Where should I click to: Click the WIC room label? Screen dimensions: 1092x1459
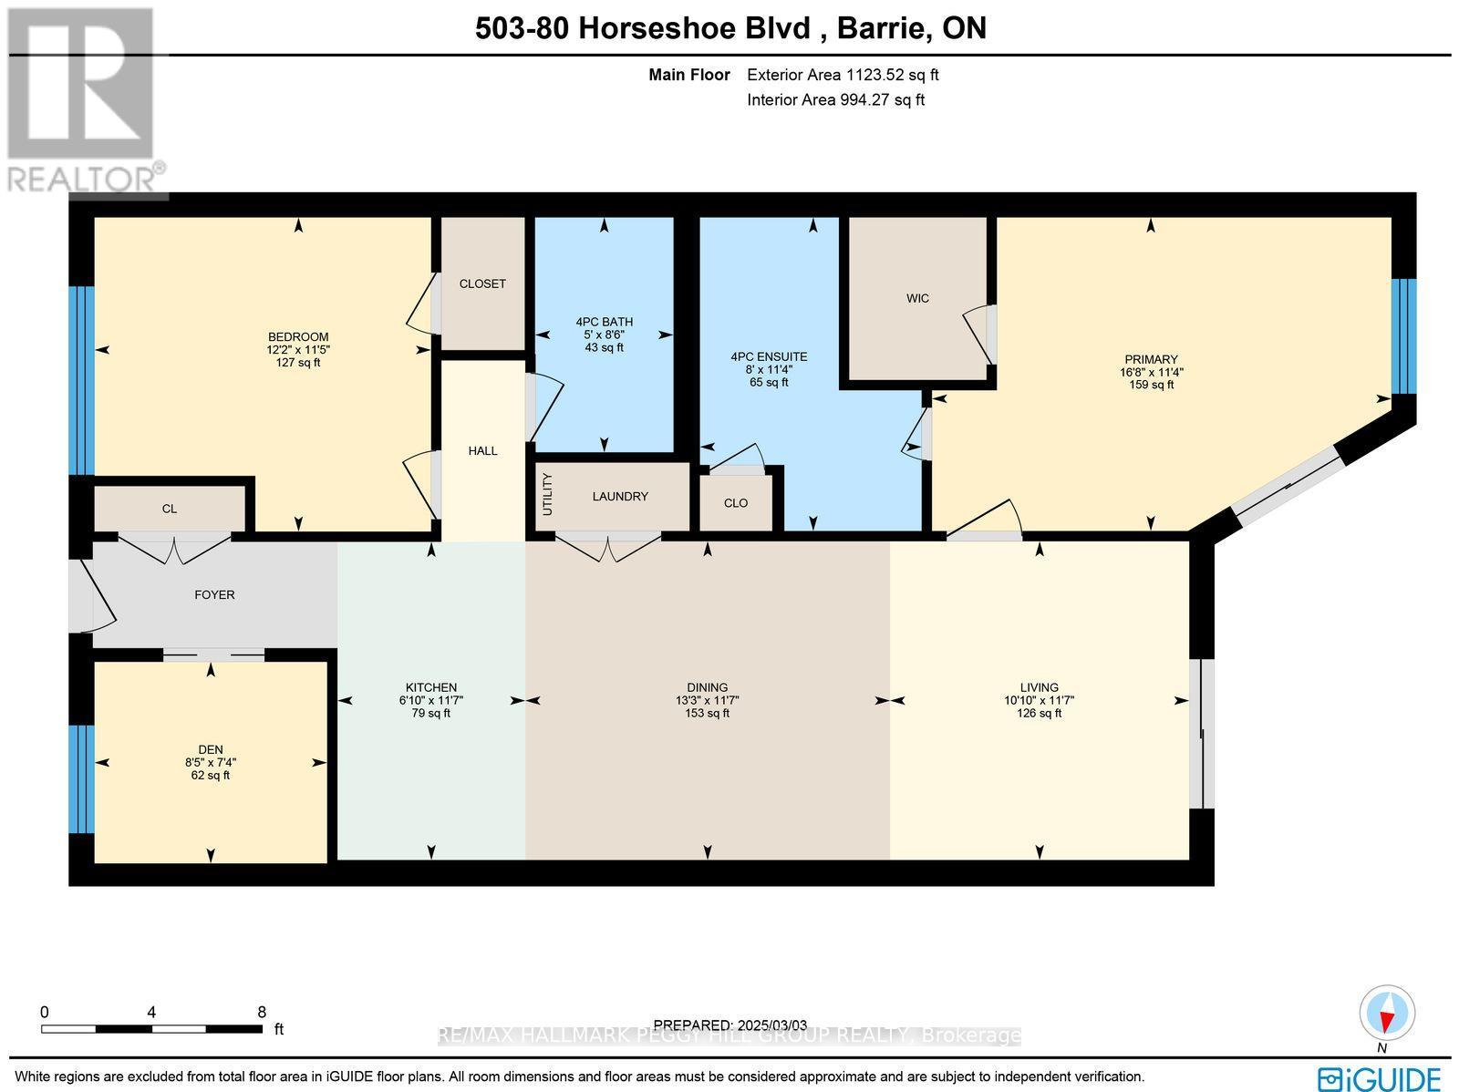917,299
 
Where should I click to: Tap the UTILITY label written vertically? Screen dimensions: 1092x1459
548,494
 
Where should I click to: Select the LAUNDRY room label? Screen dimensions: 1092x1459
620,497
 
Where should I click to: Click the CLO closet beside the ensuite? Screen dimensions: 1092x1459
735,503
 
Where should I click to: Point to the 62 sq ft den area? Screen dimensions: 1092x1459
211,776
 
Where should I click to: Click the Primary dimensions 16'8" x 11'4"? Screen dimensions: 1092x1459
1151,372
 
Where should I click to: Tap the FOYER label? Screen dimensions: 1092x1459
214,595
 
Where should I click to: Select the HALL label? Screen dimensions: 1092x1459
482,451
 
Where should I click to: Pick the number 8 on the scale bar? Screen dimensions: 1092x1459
262,1012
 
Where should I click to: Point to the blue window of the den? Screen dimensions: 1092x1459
81,779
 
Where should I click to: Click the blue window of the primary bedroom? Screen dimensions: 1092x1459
1403,335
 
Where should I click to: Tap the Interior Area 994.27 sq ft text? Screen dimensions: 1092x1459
835,100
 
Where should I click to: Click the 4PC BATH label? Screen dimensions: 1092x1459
604,322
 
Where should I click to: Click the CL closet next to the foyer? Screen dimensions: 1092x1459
170,509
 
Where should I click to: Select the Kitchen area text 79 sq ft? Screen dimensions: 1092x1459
430,714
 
